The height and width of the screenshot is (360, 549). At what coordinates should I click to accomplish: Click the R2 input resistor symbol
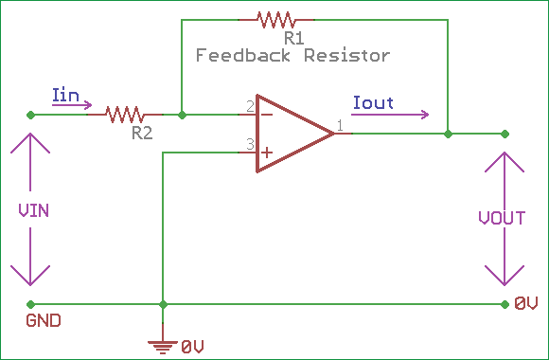point(125,115)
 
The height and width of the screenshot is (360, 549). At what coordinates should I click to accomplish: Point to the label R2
point(142,134)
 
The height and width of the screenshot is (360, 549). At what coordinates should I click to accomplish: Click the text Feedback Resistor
point(292,56)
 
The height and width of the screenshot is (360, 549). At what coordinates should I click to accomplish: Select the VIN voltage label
point(34,210)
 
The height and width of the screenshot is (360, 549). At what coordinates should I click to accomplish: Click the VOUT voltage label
point(502,218)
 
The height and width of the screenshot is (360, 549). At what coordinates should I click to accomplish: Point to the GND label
point(44,320)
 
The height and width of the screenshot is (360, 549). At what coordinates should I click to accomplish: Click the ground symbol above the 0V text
point(164,343)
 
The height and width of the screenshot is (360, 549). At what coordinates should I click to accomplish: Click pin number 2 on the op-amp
point(250,106)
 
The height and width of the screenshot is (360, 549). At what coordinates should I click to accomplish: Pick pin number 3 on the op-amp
point(250,144)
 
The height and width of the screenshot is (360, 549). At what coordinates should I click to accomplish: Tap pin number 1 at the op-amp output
point(339,125)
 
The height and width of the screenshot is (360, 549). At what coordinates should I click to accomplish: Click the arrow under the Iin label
point(73,106)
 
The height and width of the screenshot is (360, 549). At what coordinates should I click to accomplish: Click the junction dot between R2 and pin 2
point(182,115)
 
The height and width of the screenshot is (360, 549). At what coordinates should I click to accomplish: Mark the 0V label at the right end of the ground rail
point(526,304)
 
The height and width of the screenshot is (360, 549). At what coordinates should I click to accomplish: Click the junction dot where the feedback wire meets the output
point(449,134)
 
